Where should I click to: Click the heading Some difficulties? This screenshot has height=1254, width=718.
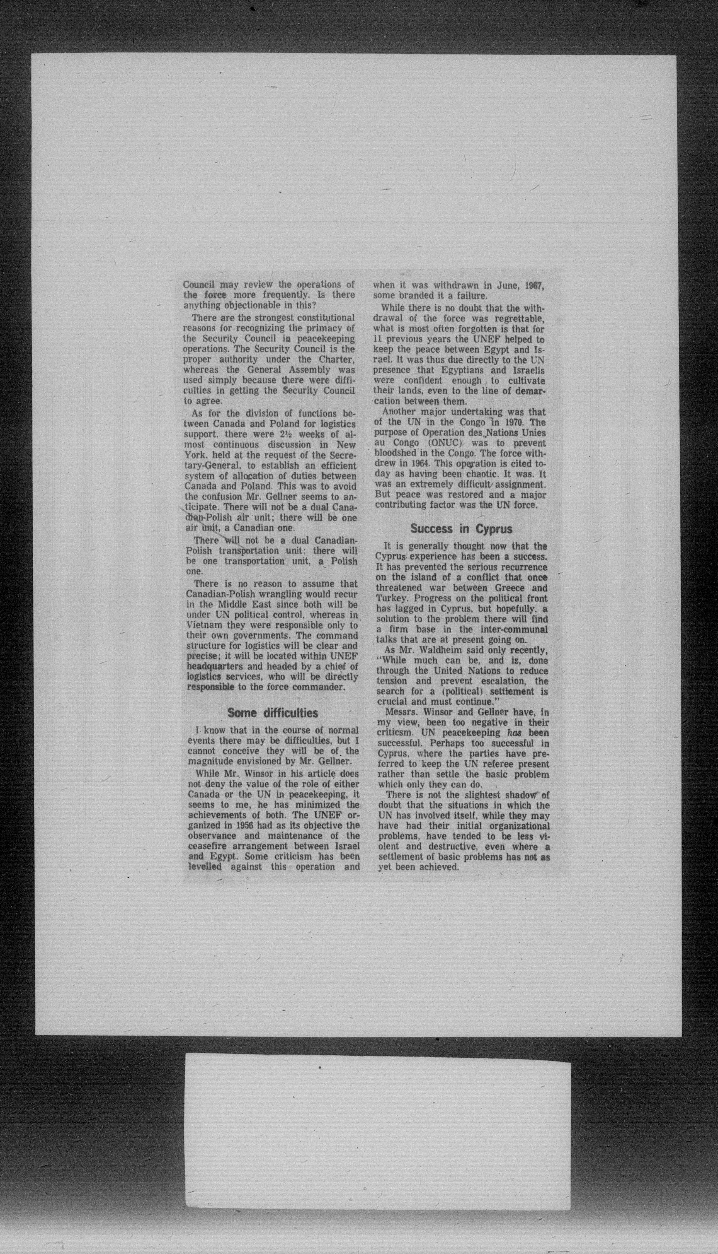tap(272, 713)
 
